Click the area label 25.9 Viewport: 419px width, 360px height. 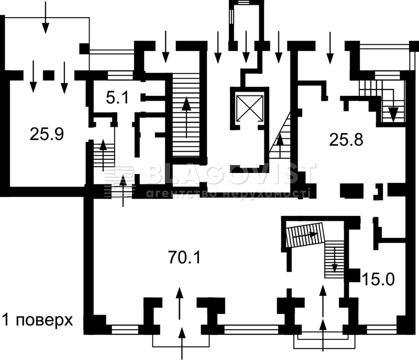pyautogui.click(x=47, y=134)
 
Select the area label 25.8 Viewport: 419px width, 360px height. pyautogui.click(x=346, y=140)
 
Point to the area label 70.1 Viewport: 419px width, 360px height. pyautogui.click(x=184, y=257)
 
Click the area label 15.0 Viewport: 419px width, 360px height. pyautogui.click(x=378, y=279)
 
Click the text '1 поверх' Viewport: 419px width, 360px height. pyautogui.click(x=38, y=321)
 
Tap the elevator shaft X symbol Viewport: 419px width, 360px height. pyautogui.click(x=250, y=109)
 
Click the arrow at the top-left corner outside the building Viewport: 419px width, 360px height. pyautogui.click(x=46, y=18)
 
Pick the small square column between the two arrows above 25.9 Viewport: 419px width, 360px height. pyautogui.click(x=49, y=75)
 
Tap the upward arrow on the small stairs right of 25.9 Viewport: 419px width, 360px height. pyautogui.click(x=103, y=155)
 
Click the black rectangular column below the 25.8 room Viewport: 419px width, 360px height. pyautogui.click(x=352, y=190)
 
